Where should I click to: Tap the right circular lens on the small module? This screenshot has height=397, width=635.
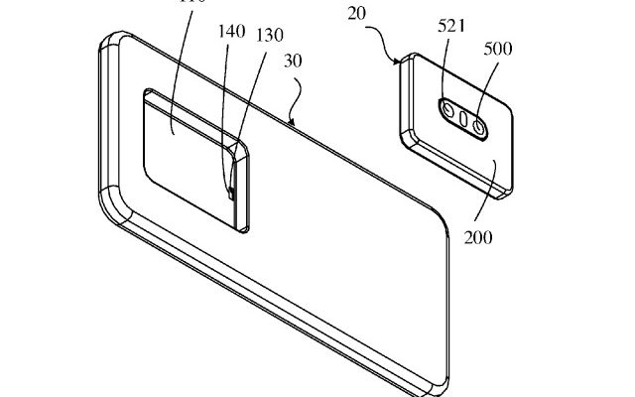coord(478,126)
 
